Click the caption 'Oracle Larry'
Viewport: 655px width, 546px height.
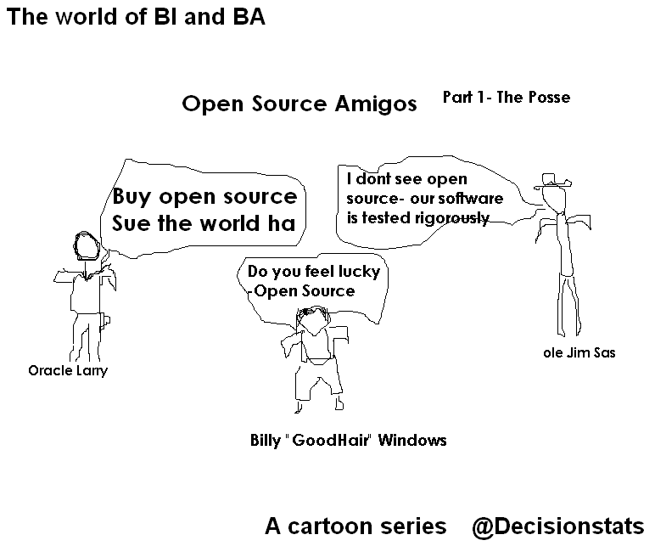click(68, 371)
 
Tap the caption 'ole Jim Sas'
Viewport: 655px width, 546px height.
click(579, 352)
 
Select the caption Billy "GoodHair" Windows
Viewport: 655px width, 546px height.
click(348, 441)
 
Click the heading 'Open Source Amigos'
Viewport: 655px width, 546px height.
click(300, 104)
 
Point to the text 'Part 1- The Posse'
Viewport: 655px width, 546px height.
click(507, 98)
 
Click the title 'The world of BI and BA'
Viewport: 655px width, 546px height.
click(137, 18)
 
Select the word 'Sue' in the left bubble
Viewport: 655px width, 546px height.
click(132, 224)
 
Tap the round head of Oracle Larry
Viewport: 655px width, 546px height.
click(85, 246)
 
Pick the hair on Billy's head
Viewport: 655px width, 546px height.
click(313, 315)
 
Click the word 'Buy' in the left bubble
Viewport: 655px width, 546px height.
click(132, 197)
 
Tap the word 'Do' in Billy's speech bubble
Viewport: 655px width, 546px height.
click(258, 273)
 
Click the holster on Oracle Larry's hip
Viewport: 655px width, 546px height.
click(104, 321)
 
